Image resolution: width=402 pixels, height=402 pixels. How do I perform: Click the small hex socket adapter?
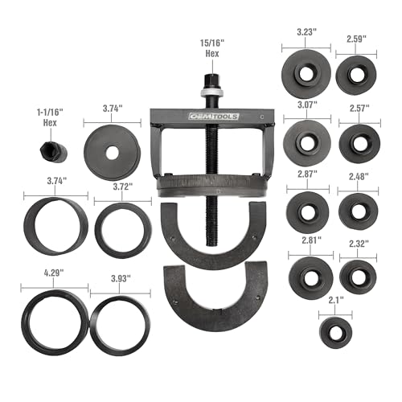pos(51,154)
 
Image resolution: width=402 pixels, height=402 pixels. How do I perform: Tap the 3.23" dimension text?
pos(305,32)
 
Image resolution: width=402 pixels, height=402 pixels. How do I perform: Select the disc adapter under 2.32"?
pos(357,276)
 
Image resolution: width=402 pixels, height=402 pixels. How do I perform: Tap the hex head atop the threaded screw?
pos(216,80)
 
